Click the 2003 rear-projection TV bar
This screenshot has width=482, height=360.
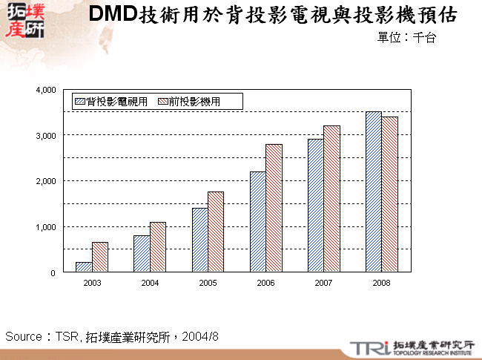coord(84,267)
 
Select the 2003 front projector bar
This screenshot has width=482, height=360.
coord(100,257)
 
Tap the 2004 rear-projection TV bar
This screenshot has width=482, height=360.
coord(142,254)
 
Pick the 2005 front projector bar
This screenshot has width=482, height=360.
coord(216,232)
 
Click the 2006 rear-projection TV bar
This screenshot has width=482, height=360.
coord(258,222)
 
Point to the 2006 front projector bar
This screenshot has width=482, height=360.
coord(274,208)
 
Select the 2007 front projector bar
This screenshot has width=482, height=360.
coord(331,199)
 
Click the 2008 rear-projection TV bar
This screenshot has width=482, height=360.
coord(373,192)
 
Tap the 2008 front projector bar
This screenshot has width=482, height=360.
coord(389,194)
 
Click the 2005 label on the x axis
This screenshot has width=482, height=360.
coord(208,283)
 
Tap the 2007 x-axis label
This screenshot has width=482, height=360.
coord(323,283)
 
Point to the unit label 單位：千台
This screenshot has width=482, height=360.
coord(406,38)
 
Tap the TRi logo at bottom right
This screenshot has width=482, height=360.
coord(367,347)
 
